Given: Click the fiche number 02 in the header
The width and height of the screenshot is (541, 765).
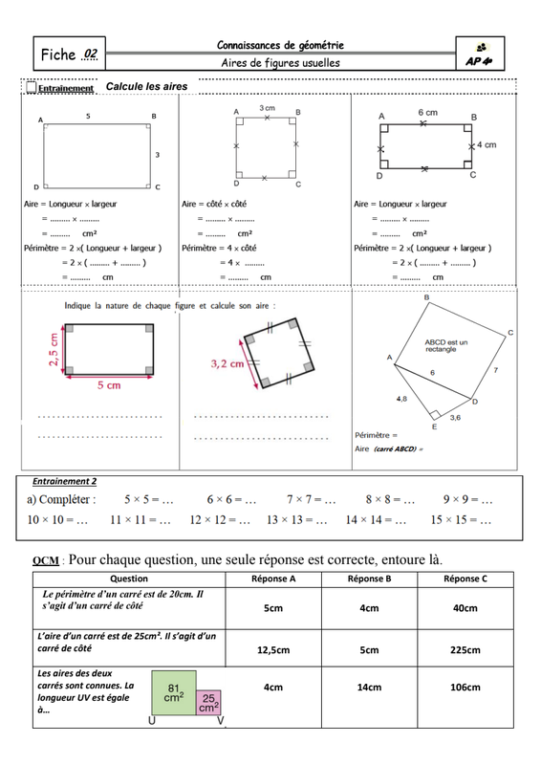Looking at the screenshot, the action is [91, 54].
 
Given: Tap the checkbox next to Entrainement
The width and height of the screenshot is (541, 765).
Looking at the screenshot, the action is [32, 87].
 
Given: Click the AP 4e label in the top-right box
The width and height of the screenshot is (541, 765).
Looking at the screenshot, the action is [479, 61].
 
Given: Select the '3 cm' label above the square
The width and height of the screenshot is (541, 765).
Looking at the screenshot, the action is [267, 108].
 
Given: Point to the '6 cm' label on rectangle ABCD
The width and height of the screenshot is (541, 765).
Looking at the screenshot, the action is [427, 112].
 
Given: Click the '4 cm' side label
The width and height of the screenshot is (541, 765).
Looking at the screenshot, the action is [487, 145].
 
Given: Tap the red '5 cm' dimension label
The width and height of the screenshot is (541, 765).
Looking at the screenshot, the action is [109, 385].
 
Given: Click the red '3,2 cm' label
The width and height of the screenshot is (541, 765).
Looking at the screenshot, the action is [227, 364].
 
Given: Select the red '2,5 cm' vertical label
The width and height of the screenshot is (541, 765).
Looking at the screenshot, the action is [54, 349].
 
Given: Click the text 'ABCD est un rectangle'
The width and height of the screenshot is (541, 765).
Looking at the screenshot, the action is [445, 346].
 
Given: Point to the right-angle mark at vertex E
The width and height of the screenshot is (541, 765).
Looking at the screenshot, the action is [435, 414].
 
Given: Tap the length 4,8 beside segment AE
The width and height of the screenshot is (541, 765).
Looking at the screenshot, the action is [401, 399].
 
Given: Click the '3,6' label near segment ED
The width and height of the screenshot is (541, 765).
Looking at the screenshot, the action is [455, 418].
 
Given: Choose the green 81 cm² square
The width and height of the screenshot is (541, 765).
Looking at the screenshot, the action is [174, 692].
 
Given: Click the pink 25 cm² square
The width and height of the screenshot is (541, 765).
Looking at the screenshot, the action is [208, 703].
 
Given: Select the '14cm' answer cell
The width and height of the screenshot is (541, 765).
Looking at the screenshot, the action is [369, 688].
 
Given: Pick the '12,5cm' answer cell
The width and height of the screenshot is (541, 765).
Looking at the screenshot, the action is [273, 650].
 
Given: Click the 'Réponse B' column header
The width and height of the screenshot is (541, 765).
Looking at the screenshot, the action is [369, 579].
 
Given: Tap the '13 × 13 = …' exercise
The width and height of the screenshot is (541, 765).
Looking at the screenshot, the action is [296, 520].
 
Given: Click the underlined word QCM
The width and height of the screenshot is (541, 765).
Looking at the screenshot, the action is [46, 560].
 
